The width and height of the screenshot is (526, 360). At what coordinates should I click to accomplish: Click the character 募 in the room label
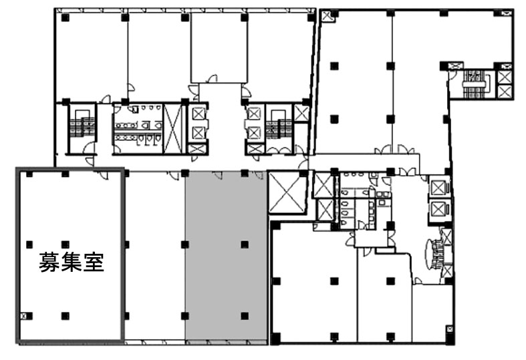point(49,262)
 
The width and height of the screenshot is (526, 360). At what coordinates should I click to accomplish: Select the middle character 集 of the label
point(71,262)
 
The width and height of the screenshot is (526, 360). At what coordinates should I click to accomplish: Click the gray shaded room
point(227,257)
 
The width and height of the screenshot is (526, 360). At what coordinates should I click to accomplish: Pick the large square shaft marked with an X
point(287,192)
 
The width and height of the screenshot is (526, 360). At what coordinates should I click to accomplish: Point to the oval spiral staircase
point(434,254)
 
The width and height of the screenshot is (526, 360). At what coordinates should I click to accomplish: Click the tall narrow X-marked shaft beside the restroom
point(173,129)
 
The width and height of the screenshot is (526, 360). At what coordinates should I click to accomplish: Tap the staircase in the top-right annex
point(476,83)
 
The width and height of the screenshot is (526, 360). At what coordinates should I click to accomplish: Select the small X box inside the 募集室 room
point(24,315)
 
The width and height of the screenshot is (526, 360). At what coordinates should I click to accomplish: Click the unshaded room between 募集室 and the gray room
point(155,257)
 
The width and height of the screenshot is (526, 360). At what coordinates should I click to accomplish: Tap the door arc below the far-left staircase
point(89,148)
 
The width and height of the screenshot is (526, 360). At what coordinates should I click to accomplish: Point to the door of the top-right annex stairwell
point(452,75)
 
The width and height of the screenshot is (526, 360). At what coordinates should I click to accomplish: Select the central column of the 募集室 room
point(65,244)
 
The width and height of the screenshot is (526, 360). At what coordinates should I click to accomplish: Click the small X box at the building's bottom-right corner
point(450,329)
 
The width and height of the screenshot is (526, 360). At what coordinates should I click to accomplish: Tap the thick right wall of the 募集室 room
point(123,256)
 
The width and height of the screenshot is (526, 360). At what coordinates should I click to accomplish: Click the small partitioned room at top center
point(219,47)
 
